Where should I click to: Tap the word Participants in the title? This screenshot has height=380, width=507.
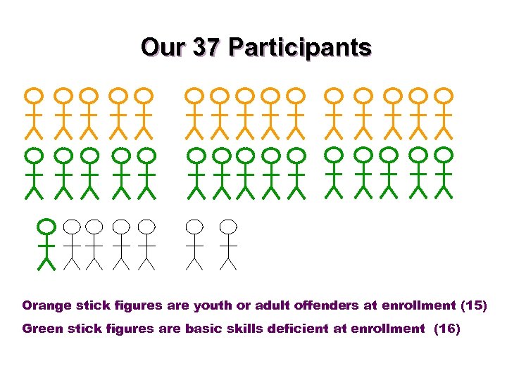click(x=301, y=48)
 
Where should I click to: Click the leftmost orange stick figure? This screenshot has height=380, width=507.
click(x=34, y=113)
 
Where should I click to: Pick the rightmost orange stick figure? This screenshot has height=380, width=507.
click(x=444, y=113)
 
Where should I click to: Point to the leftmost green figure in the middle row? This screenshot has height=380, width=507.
click(x=34, y=172)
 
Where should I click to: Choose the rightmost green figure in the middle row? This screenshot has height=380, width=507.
click(x=444, y=172)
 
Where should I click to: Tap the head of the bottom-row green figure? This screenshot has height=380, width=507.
click(x=46, y=227)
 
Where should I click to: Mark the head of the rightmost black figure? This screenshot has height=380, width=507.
click(x=227, y=227)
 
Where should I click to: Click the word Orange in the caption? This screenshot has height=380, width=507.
click(x=46, y=306)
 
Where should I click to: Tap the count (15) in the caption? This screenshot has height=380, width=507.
click(x=473, y=306)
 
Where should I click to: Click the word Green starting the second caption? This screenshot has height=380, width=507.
click(x=43, y=328)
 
